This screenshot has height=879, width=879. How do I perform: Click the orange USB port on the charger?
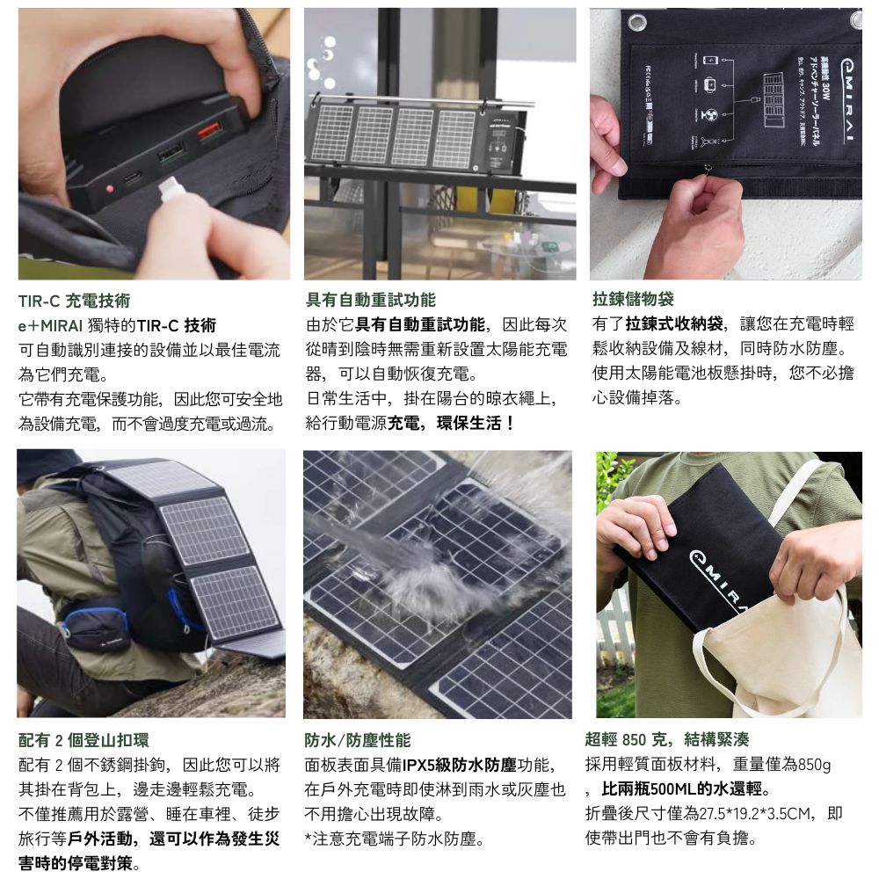(x=210, y=131)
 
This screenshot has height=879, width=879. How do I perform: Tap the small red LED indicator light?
(x=110, y=188)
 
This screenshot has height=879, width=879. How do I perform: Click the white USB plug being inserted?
(x=170, y=187)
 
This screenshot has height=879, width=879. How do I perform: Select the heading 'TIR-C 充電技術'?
(x=74, y=301)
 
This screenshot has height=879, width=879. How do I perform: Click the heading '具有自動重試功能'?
(x=371, y=300)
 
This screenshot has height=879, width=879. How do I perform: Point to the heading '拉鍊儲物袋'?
(x=633, y=299)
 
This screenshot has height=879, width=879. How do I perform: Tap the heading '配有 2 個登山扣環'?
(x=84, y=740)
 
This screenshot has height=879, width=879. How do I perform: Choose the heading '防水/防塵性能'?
(x=358, y=740)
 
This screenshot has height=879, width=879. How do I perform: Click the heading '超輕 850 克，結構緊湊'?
(x=667, y=739)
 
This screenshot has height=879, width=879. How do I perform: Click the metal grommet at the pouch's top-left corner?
(x=636, y=23)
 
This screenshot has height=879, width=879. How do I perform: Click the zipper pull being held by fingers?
(x=708, y=169)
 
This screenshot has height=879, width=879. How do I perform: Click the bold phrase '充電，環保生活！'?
(x=451, y=424)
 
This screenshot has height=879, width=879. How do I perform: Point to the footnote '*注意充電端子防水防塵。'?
(x=395, y=839)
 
